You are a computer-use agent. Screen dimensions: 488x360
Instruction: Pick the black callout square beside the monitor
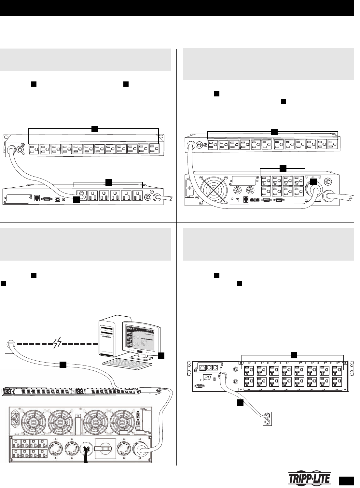(161, 355)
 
